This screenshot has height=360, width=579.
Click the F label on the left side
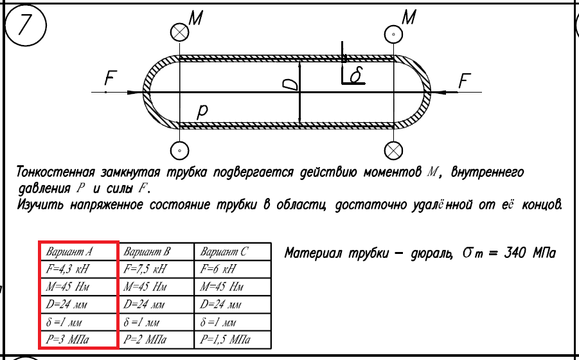(x=111, y=79)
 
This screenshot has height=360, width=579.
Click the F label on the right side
(x=465, y=81)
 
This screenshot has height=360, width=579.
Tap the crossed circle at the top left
(x=180, y=32)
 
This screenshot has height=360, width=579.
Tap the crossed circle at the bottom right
(x=393, y=150)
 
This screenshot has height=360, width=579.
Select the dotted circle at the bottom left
(x=180, y=150)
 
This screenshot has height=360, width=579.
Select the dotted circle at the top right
(x=393, y=33)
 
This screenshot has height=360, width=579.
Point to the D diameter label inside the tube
(x=291, y=83)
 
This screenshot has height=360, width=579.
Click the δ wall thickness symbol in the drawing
(x=356, y=75)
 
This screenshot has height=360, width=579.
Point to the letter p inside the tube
(x=202, y=111)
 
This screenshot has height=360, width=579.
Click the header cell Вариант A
(x=78, y=251)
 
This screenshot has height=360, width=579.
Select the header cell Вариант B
(x=155, y=251)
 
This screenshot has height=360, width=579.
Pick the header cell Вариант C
(x=232, y=251)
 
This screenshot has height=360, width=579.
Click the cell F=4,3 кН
(x=78, y=269)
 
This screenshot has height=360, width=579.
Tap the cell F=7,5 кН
(x=155, y=269)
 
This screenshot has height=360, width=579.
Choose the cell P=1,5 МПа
(x=232, y=339)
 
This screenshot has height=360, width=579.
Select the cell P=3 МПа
(x=78, y=339)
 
